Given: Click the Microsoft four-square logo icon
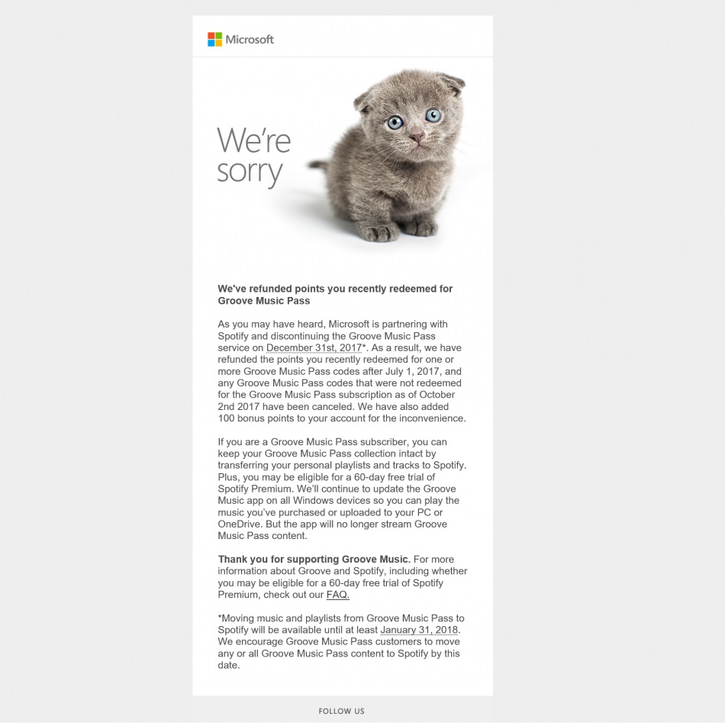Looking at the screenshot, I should click(214, 40).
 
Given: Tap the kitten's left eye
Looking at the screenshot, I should click(395, 121).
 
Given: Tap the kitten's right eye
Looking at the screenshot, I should click(433, 116).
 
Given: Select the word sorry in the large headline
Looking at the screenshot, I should click(250, 171).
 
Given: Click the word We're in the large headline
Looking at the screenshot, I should click(254, 140).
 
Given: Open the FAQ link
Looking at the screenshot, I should click(337, 595).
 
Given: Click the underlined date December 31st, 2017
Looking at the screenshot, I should click(314, 347).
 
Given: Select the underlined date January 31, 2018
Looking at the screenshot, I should click(420, 630).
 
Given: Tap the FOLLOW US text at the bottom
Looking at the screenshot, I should click(342, 711).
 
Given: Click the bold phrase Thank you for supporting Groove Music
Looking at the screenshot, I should click(314, 560).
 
